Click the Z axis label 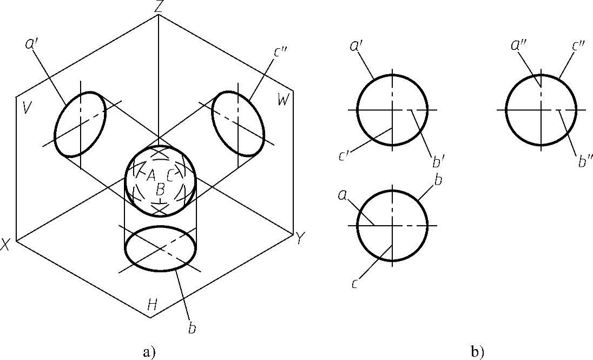click(158, 6)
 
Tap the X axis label click(6, 245)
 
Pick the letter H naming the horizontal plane click(153, 306)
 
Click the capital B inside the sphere click(160, 189)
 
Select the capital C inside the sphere click(170, 175)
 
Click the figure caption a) click(149, 352)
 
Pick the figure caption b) click(476, 352)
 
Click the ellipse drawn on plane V click(80, 125)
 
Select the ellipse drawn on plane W click(238, 123)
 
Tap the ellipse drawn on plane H click(161, 248)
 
